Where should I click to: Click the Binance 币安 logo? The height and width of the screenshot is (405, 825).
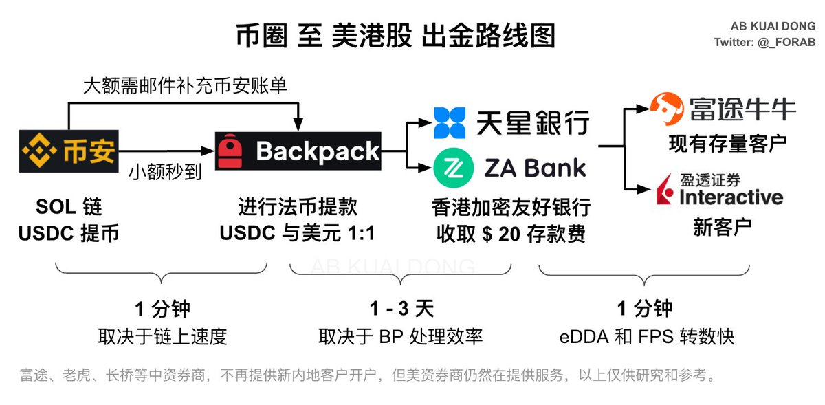click(x=69, y=151)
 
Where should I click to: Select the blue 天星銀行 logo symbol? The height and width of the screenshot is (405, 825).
click(x=450, y=123)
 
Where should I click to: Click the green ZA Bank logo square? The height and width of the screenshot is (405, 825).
click(x=450, y=168)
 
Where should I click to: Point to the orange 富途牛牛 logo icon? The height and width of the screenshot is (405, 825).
click(x=668, y=109)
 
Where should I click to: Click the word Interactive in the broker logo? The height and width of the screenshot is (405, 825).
click(x=730, y=198)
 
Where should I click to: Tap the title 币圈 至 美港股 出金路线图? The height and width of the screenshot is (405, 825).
click(x=395, y=35)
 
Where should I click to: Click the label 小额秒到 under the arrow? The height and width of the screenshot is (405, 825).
click(x=165, y=172)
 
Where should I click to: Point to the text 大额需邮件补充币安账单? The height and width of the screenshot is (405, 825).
click(x=185, y=86)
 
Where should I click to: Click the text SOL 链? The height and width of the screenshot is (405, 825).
click(x=69, y=206)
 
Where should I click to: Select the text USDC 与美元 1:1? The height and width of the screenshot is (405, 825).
click(x=298, y=233)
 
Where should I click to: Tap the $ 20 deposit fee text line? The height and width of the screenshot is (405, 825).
click(x=511, y=234)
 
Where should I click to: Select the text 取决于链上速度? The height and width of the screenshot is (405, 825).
click(x=162, y=336)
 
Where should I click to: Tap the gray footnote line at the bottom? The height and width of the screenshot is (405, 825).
click(x=368, y=376)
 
